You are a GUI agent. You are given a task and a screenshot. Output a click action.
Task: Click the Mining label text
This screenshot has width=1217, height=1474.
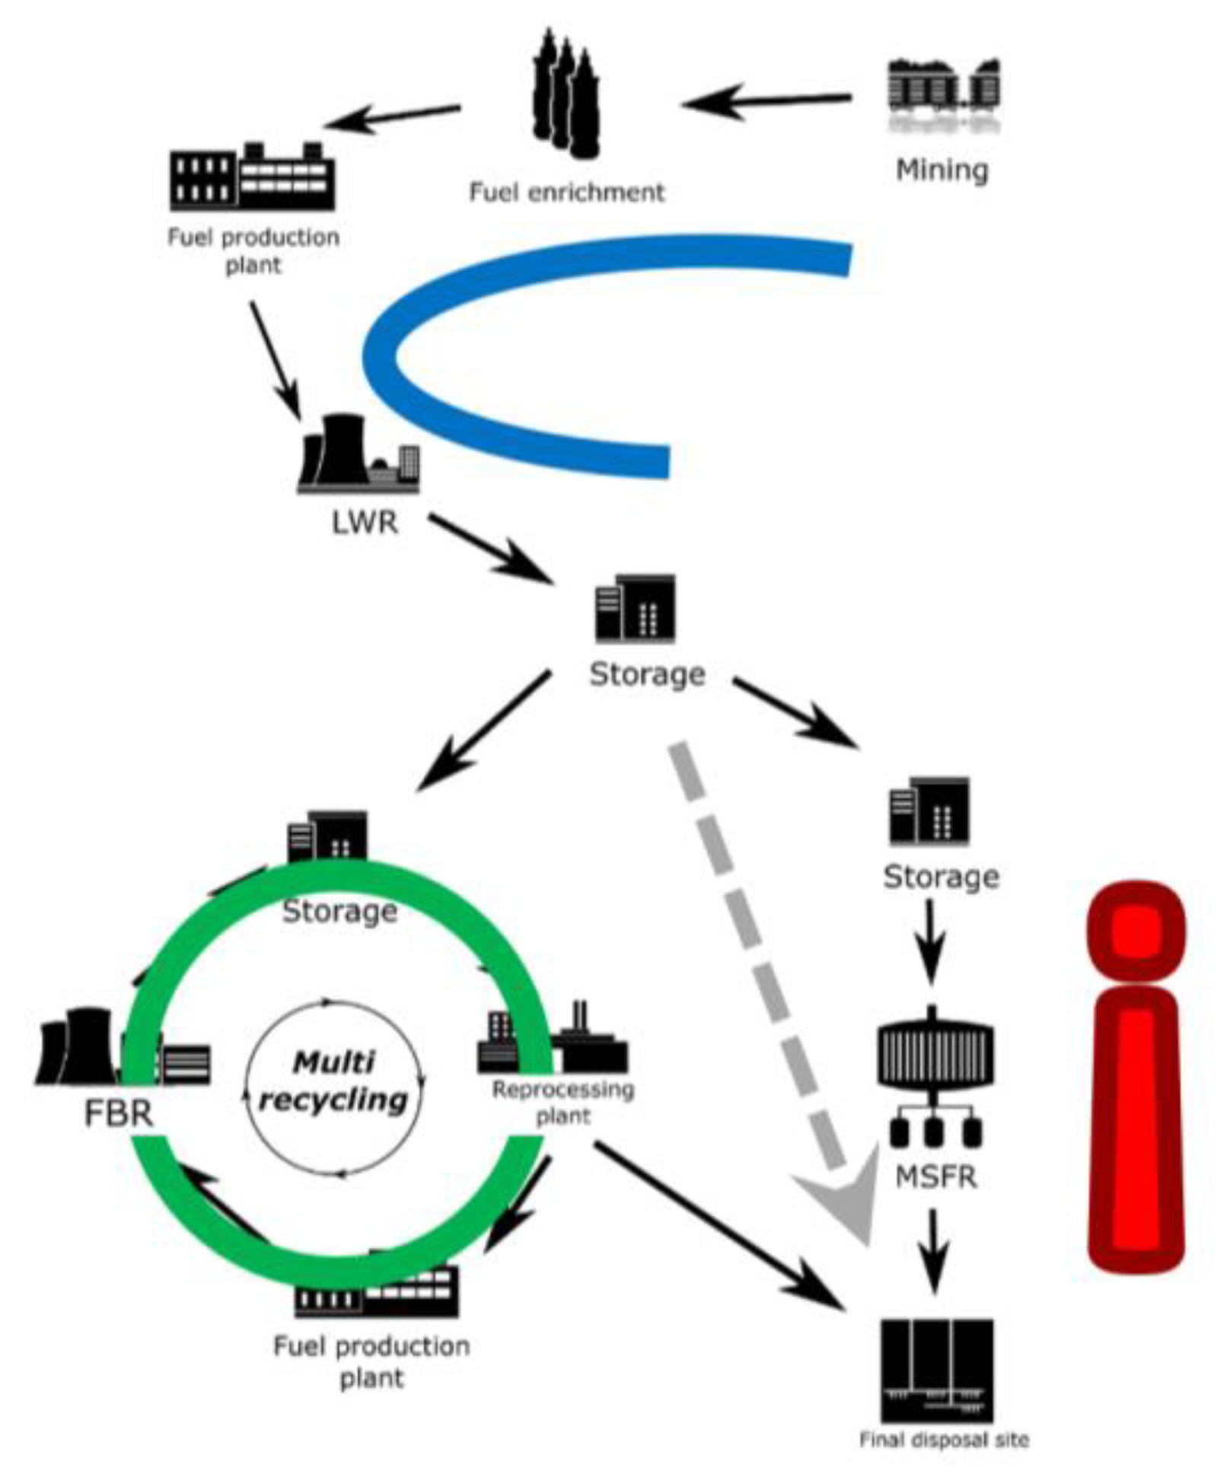[941, 170]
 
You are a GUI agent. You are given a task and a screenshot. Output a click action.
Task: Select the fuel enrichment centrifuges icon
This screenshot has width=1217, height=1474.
[565, 95]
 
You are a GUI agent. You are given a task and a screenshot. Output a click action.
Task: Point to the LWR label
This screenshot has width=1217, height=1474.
[365, 523]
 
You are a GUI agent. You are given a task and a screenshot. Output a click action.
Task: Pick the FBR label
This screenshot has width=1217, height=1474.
[119, 1113]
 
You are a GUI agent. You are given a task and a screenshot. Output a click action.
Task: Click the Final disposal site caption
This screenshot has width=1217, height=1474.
[944, 1440]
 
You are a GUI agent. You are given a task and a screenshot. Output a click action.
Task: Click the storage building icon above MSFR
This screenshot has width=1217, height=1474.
[929, 811]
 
